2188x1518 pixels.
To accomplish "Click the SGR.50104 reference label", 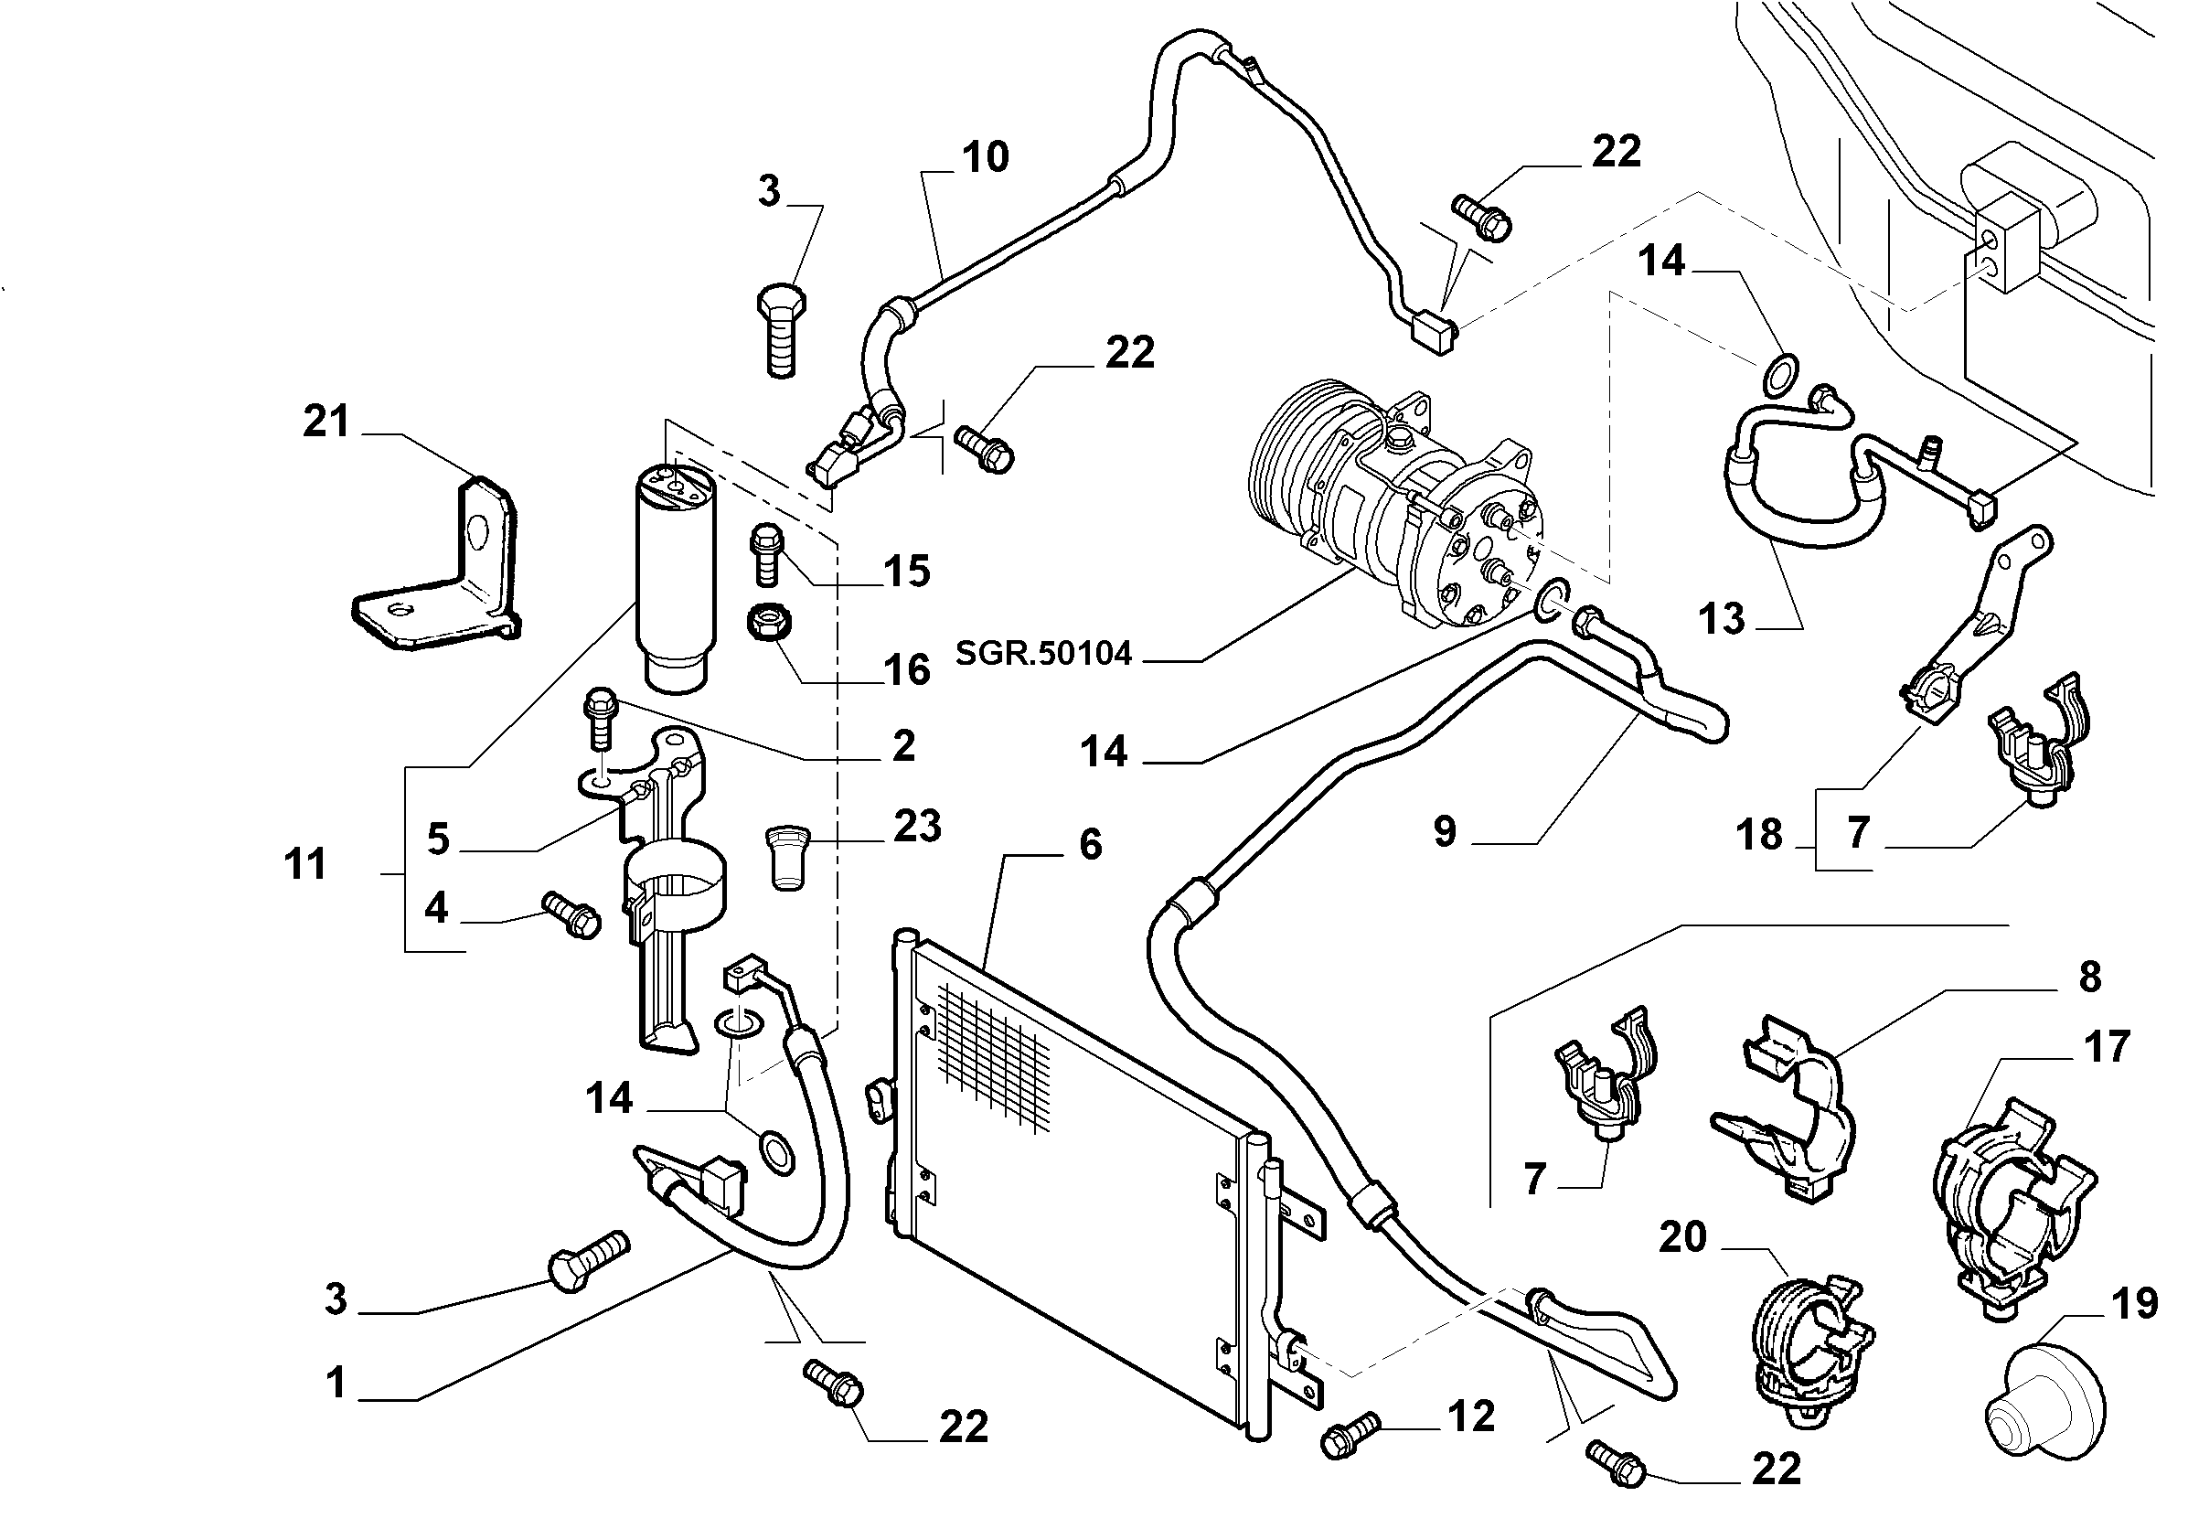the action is click(1043, 654).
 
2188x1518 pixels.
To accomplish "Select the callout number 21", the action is click(326, 422).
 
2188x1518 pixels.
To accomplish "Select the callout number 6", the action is click(1090, 844).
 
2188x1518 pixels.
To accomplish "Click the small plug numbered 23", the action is click(784, 857).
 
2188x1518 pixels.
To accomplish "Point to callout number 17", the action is click(2107, 1047).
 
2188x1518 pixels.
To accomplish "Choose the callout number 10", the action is click(985, 157).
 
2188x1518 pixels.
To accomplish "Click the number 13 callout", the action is click(1722, 619).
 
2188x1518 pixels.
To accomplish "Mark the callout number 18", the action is click(1759, 834).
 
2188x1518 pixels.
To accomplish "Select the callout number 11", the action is click(305, 864).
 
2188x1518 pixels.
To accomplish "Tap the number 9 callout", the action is click(1445, 831).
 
